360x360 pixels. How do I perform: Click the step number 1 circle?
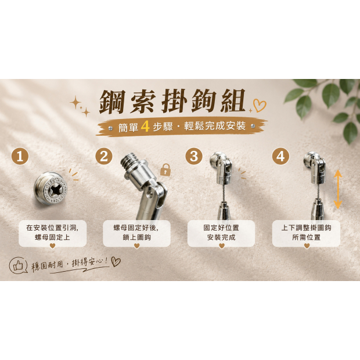click(20, 157)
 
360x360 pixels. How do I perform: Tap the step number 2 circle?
click(104, 157)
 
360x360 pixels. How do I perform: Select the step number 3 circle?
click(194, 157)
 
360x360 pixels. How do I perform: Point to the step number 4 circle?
click(280, 157)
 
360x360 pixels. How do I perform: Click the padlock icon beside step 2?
click(165, 170)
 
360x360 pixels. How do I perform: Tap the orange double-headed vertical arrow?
click(338, 189)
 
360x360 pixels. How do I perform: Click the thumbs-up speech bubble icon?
click(18, 265)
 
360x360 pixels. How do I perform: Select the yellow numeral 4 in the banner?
click(145, 125)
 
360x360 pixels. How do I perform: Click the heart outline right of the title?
click(260, 106)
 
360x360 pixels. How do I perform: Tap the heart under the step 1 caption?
click(53, 246)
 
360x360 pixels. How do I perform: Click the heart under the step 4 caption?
click(307, 246)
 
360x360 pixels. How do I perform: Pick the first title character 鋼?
click(113, 102)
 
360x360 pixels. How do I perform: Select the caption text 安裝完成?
click(221, 237)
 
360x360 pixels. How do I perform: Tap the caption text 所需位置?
click(306, 237)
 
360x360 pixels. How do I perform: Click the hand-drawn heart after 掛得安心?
click(116, 261)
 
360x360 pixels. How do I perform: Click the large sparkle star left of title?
click(75, 103)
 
